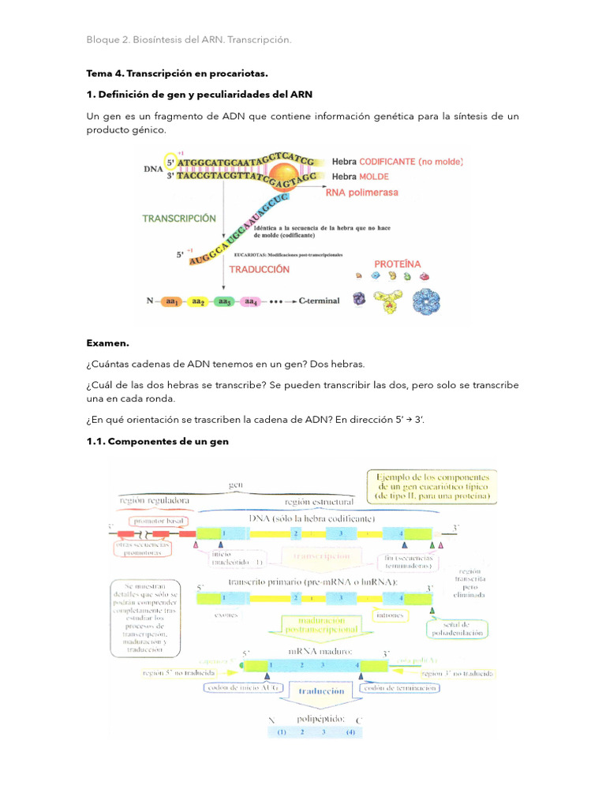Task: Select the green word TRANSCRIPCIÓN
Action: pos(179,219)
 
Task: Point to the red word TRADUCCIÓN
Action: pos(259,269)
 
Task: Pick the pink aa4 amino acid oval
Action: pos(250,301)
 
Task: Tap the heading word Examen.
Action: pos(107,343)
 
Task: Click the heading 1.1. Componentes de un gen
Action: pos(157,441)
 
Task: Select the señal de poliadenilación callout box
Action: pos(456,629)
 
